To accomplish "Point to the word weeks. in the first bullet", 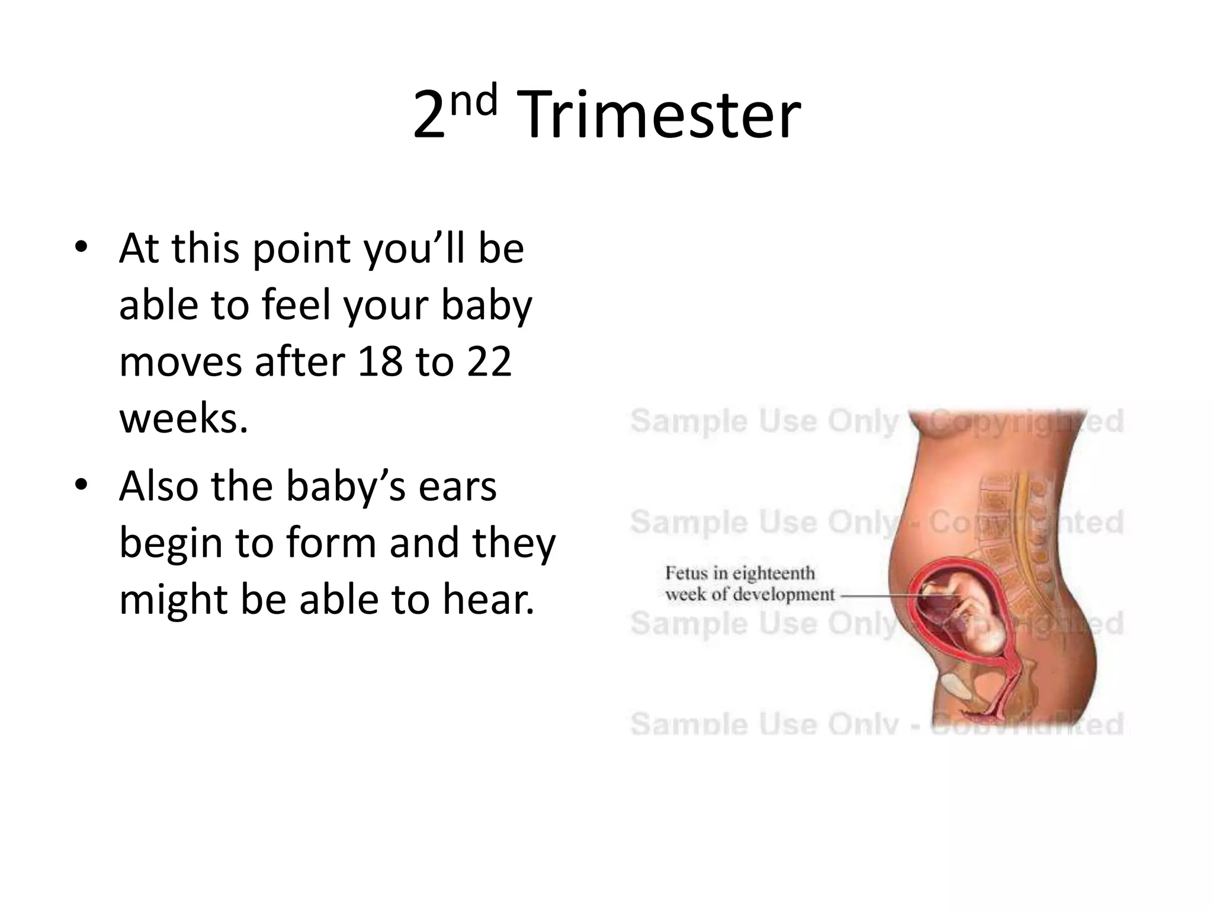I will pos(183,418).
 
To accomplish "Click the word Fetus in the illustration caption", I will pos(686,573).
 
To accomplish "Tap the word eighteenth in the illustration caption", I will pos(774,573).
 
